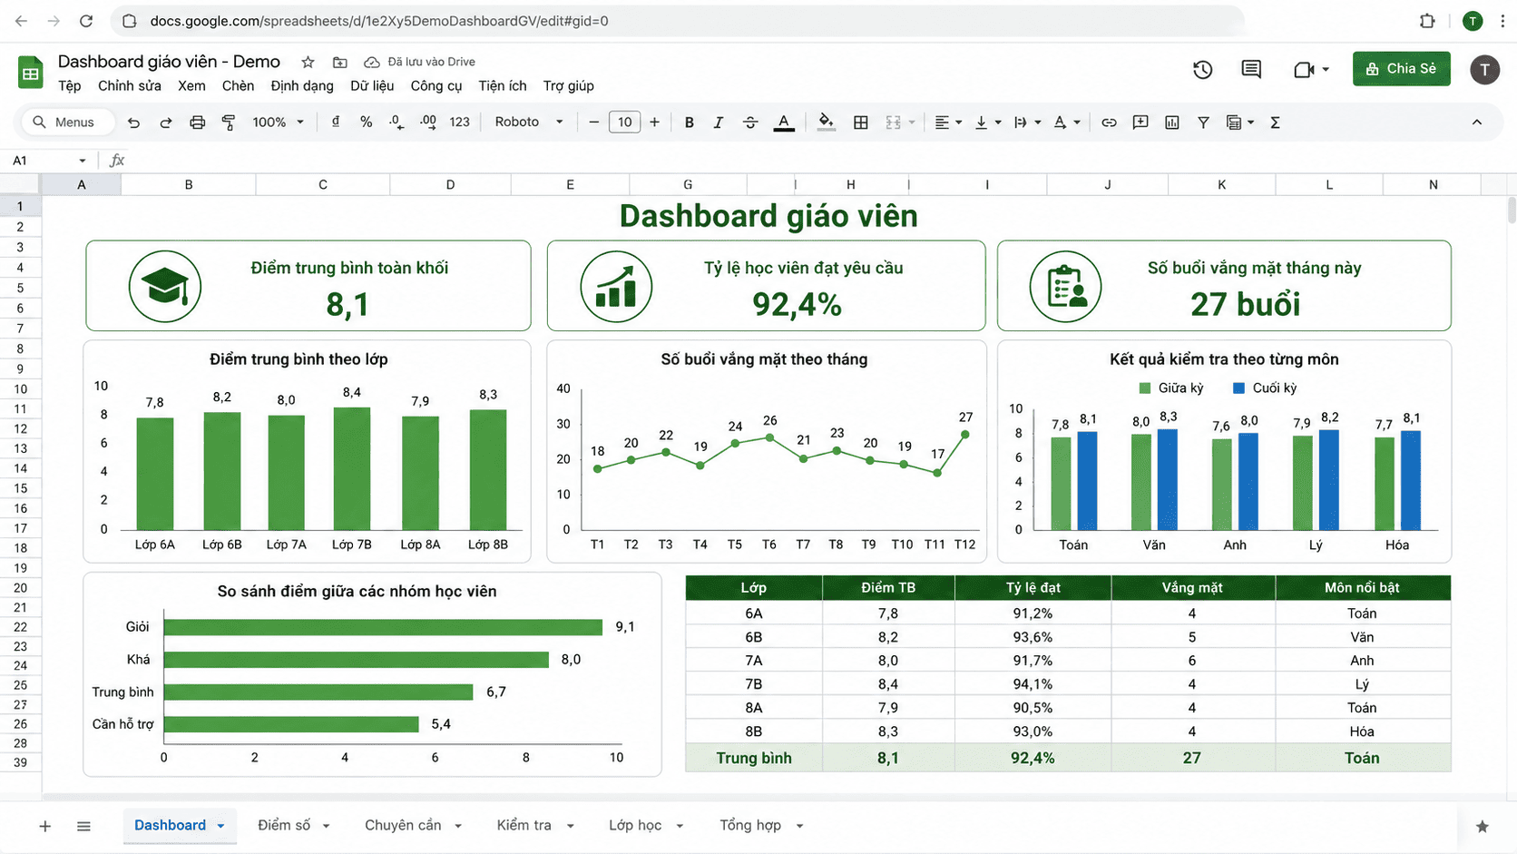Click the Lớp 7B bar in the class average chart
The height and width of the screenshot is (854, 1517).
351,468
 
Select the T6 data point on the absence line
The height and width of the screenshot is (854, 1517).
769,437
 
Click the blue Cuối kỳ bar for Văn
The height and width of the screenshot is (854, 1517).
1168,479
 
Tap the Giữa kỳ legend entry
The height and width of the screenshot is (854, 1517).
1171,388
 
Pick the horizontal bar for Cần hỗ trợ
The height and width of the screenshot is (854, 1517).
291,724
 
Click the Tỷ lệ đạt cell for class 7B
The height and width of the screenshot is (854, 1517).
1033,684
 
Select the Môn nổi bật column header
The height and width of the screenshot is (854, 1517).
1362,587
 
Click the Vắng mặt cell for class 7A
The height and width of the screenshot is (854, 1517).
1192,661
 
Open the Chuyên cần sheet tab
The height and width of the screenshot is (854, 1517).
404,825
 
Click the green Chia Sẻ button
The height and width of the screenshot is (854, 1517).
1401,68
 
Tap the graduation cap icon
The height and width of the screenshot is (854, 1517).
164,287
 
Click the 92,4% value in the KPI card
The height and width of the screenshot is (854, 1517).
797,304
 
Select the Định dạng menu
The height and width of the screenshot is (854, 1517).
302,86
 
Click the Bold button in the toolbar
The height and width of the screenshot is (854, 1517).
689,123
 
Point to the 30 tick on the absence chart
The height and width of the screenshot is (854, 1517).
563,424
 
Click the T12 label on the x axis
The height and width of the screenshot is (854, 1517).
964,545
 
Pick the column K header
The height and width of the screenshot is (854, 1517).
1222,184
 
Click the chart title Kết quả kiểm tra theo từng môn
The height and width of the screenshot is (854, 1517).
1224,359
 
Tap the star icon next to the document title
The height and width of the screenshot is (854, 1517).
308,63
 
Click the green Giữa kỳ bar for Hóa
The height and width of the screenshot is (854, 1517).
1385,484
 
